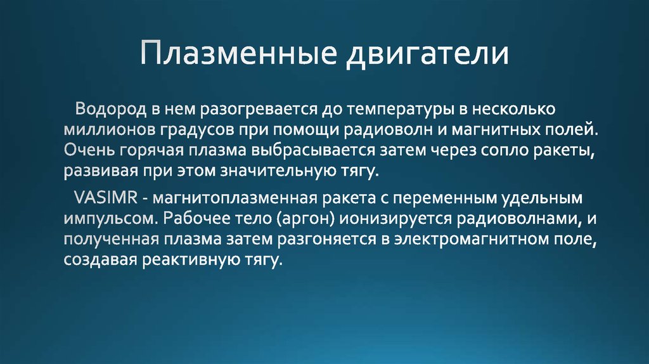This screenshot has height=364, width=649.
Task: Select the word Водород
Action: coord(112,109)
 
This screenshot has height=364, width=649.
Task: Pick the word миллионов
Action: coord(102,130)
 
